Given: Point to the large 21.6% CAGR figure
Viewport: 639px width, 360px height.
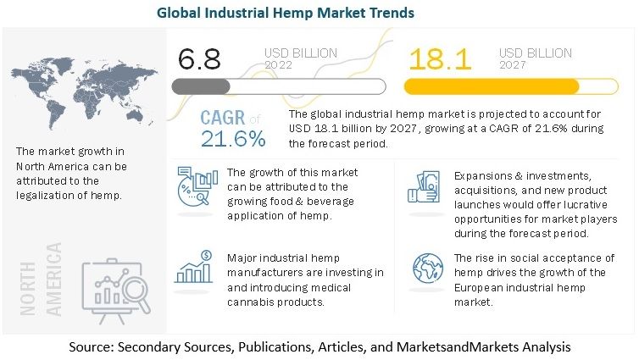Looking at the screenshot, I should pyautogui.click(x=233, y=136).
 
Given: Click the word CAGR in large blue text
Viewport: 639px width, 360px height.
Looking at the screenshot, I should pyautogui.click(x=224, y=118).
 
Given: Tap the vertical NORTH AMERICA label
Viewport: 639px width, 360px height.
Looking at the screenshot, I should pyautogui.click(x=53, y=279).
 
